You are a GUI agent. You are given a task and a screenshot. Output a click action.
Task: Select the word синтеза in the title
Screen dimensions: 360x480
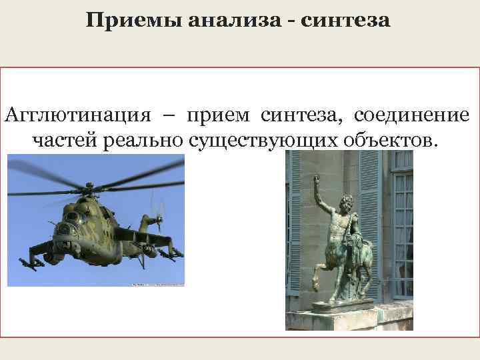point(345,21)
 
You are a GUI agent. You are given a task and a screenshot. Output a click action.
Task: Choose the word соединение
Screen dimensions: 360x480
point(411,115)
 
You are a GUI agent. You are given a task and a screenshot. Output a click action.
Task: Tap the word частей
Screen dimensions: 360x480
point(64,141)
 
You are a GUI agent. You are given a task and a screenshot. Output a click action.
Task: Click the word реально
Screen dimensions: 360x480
point(144,141)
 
